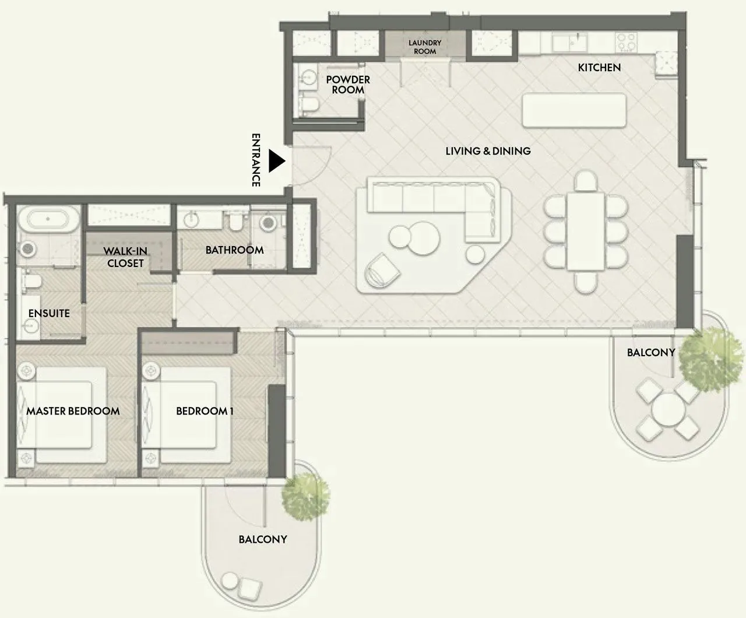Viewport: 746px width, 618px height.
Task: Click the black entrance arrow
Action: (x=276, y=161)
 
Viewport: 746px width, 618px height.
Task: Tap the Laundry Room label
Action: (x=425, y=47)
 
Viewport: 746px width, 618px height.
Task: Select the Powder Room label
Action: (x=347, y=85)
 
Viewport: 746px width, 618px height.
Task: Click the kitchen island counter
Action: (x=574, y=110)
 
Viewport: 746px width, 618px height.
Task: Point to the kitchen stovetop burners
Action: (x=626, y=41)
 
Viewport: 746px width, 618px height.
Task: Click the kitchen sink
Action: (x=569, y=43)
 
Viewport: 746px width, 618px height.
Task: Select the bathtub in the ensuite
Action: (x=48, y=219)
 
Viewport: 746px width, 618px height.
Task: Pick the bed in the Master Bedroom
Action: (x=61, y=415)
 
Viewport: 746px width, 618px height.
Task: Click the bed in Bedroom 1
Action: (x=186, y=415)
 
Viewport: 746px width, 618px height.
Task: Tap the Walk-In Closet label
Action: (x=125, y=257)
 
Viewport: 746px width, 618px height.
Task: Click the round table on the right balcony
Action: (x=668, y=410)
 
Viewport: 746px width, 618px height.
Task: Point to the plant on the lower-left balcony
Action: (x=305, y=497)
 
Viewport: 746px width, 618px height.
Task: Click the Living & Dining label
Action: (x=488, y=151)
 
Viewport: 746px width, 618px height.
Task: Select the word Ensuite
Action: (x=49, y=313)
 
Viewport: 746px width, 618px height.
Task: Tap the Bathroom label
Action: (x=235, y=250)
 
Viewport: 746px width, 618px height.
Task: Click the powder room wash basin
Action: (x=309, y=77)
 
